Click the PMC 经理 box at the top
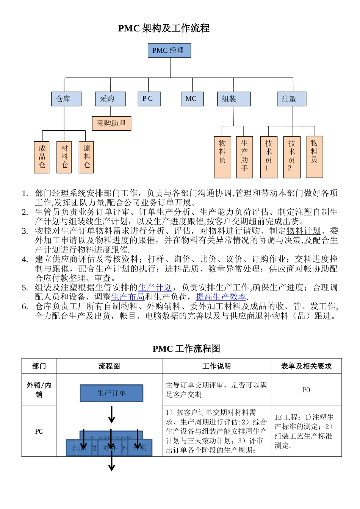pos(169,50)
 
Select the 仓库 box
pos(66,99)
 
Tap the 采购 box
pos(110,99)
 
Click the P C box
pos(149,99)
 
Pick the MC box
pos(192,99)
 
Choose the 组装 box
pos(233,99)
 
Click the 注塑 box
pos(291,99)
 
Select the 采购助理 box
pos(111,123)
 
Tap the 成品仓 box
pos(42,157)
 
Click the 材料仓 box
pos(64,157)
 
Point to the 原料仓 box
pos(86,157)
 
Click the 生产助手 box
pos(244,157)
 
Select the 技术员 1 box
pos(269,157)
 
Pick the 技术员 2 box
pos(291,157)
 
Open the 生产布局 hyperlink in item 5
pos(128,297)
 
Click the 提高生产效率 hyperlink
pos(221,297)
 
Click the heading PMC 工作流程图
pos(186,349)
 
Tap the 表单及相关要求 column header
pos(306,366)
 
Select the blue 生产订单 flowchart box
pos(111,393)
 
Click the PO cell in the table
pos(306,390)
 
